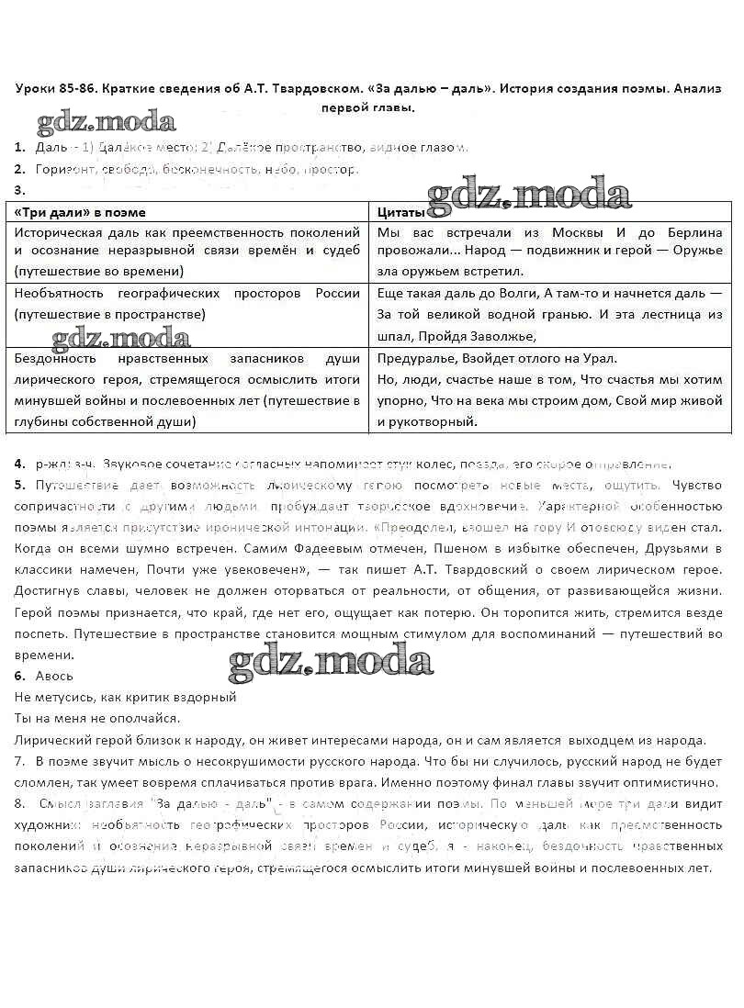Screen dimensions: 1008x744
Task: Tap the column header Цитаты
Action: (400, 213)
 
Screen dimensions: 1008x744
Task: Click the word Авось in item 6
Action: (54, 676)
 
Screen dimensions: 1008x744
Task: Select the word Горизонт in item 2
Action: (62, 169)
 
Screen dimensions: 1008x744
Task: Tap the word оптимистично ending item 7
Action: (673, 783)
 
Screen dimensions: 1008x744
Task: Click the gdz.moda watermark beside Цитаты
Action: (529, 195)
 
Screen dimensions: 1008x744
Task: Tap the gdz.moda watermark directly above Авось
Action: (331, 661)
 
